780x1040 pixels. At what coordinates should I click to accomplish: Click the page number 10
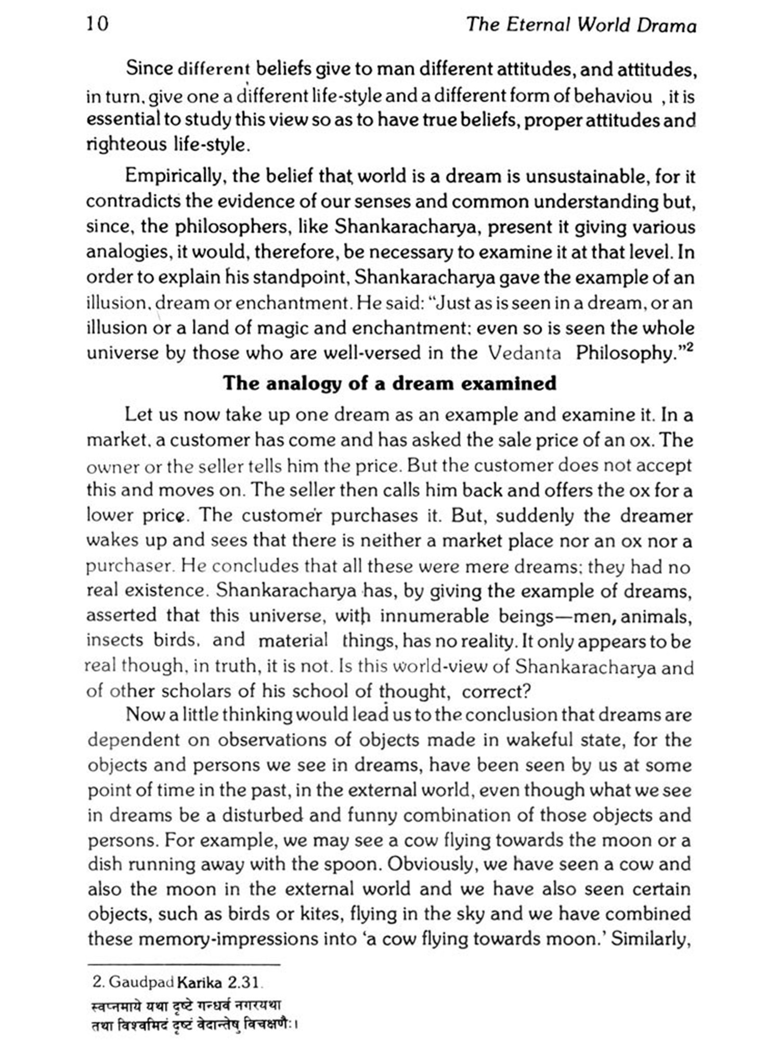pyautogui.click(x=98, y=24)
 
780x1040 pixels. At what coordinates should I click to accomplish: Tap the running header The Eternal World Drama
pyautogui.click(x=581, y=25)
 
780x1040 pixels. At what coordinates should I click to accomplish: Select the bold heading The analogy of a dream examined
pyautogui.click(x=389, y=383)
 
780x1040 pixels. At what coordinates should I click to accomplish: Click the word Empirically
pyautogui.click(x=174, y=176)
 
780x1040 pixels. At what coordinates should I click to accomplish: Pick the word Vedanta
pyautogui.click(x=525, y=353)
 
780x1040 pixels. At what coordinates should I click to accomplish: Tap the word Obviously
pyautogui.click(x=431, y=864)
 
